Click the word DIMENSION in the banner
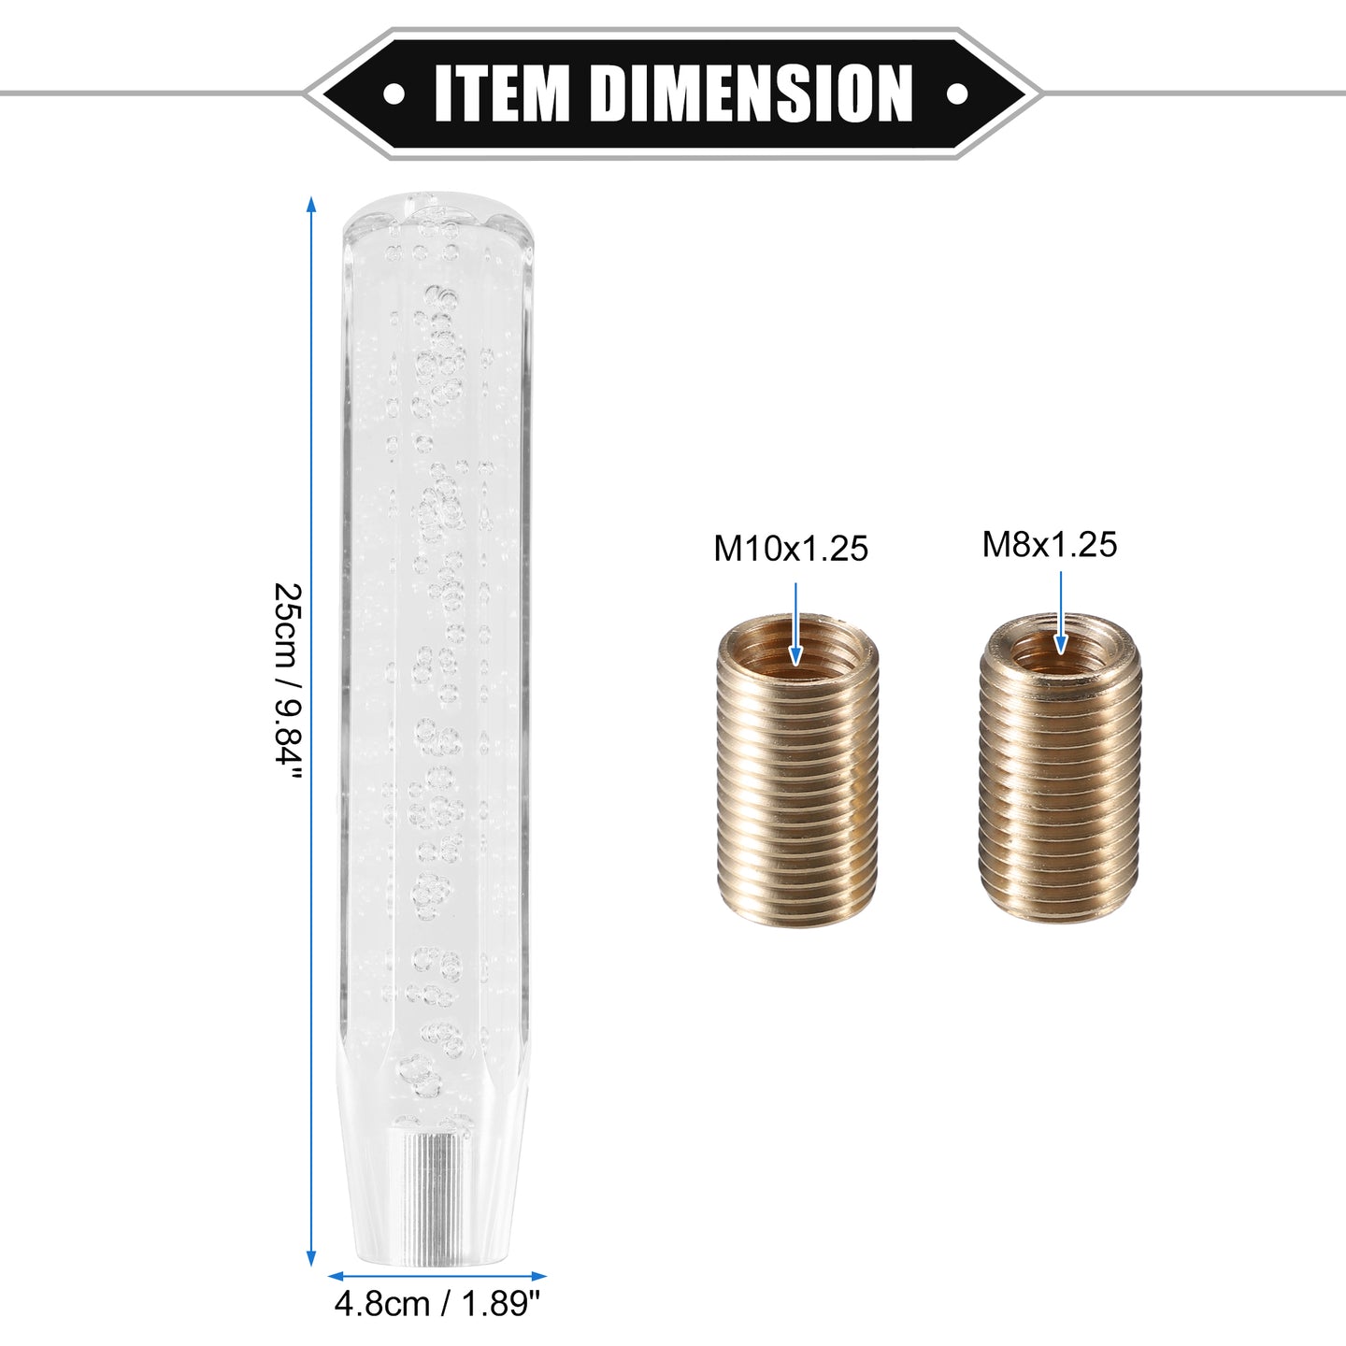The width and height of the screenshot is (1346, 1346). point(751,93)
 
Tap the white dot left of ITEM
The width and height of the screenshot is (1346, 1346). point(394,93)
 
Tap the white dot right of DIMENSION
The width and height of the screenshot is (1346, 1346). point(956,93)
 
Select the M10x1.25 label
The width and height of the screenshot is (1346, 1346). point(791,549)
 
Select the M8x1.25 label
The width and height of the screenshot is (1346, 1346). point(1050,545)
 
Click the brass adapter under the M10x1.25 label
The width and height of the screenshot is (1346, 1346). point(797,771)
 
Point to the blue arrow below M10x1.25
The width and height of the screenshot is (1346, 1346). point(795,623)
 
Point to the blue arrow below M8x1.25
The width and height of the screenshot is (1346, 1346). point(1061,612)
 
